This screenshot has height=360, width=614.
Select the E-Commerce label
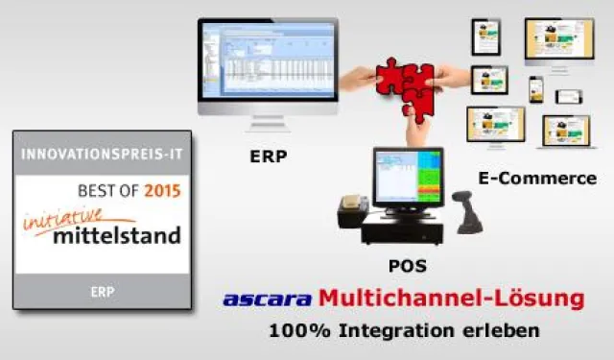click(536, 179)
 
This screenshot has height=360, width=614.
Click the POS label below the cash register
click(408, 265)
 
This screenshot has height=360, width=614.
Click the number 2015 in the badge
click(161, 191)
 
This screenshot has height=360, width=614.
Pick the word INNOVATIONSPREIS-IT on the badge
click(101, 153)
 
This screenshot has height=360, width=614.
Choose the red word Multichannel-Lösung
click(451, 299)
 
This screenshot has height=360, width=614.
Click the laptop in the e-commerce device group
click(565, 132)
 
